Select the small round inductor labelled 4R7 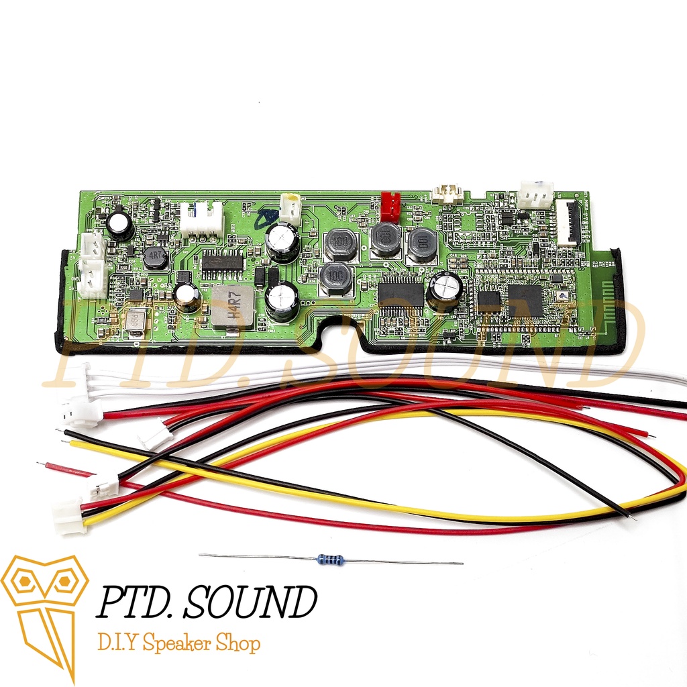coord(155,257)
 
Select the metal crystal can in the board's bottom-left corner coord(134,323)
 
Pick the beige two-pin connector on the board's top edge coord(445,194)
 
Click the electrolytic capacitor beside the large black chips coord(445,290)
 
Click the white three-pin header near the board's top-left coord(201,219)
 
